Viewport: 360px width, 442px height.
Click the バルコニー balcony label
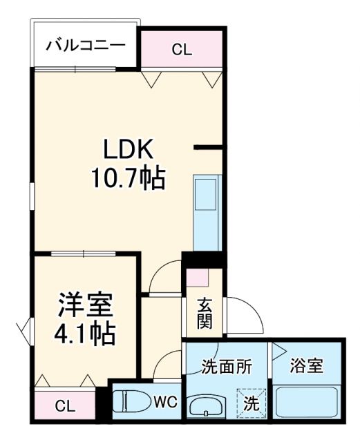click(85, 47)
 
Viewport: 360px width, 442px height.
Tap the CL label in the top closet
click(182, 49)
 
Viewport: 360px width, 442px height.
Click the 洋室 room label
click(85, 305)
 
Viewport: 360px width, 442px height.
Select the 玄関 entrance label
click(205, 312)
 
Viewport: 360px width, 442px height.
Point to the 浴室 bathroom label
click(307, 365)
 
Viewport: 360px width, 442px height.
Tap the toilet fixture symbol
click(132, 401)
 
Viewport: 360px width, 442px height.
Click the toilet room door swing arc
click(168, 366)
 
